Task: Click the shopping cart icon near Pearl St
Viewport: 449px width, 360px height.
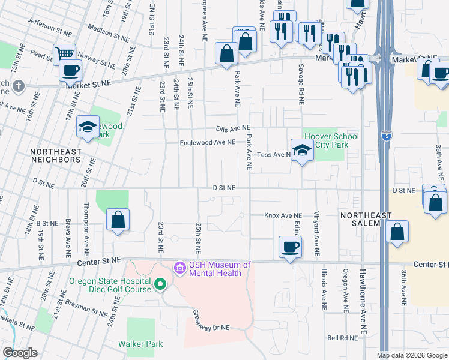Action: tap(64, 54)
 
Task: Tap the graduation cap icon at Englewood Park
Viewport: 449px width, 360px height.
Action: tap(88, 127)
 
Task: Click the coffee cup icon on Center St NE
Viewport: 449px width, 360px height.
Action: tap(291, 247)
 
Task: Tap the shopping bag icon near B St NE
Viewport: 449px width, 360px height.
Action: tap(118, 220)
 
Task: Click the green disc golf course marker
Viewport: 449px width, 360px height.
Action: tap(160, 284)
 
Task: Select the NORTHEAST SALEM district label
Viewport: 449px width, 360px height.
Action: tap(366, 219)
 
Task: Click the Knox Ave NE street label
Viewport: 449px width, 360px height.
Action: tap(283, 215)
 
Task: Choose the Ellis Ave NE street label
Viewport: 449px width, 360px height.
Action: tap(233, 128)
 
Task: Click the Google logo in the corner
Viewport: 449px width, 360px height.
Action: tap(20, 353)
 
